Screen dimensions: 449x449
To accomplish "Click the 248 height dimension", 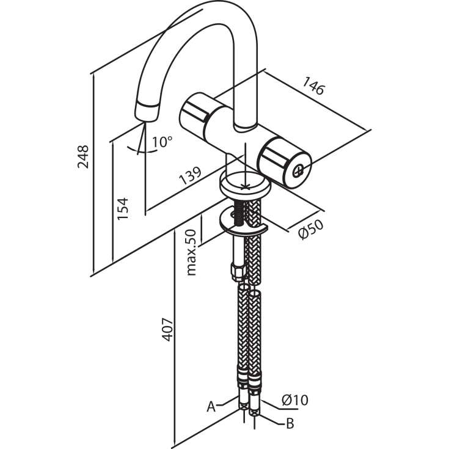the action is (x=83, y=156).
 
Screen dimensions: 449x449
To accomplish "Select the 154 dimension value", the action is (x=123, y=208).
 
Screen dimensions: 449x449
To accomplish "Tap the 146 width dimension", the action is (x=314, y=86).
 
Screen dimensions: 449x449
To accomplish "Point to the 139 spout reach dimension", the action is (x=190, y=175).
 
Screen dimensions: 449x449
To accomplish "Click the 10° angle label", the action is (x=162, y=142).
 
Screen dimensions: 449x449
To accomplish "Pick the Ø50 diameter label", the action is (x=311, y=229).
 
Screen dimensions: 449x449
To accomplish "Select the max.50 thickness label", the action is (x=191, y=252).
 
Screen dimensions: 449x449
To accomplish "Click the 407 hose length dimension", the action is (x=167, y=329).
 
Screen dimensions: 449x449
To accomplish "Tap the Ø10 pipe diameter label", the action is (x=294, y=400).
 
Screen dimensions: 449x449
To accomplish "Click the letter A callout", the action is (x=211, y=406).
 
